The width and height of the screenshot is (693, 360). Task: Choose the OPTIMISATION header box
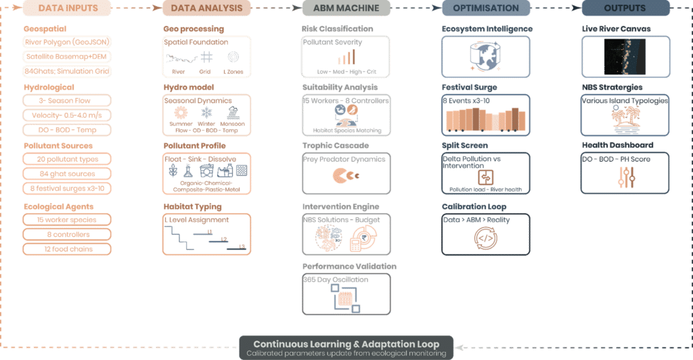(485, 8)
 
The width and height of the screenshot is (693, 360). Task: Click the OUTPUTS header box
(626, 8)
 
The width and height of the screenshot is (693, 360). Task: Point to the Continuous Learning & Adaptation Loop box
(347, 346)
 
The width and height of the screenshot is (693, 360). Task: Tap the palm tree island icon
(626, 118)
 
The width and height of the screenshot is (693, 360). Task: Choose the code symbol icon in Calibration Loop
(485, 238)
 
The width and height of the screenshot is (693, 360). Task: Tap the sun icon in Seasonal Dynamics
(181, 112)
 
